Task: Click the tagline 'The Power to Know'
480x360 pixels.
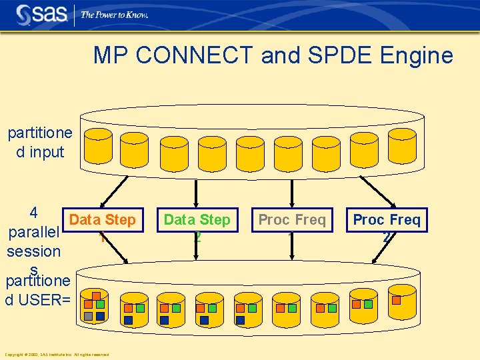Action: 114,15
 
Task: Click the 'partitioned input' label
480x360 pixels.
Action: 40,142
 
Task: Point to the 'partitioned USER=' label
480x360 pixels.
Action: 38,291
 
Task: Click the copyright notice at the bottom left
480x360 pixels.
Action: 57,354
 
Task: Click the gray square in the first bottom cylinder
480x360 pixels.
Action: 88,316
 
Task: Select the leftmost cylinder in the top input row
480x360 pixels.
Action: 99,144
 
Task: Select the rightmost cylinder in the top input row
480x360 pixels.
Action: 402,144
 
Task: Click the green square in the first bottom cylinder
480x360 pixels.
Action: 100,305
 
